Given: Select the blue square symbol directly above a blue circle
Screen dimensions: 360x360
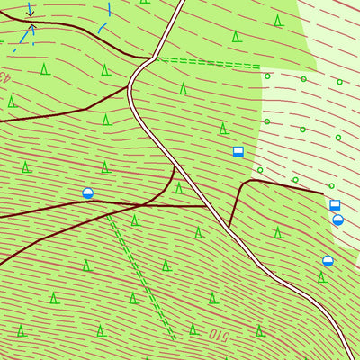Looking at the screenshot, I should point(335,205).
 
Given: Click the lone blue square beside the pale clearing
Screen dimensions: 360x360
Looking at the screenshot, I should point(238,151).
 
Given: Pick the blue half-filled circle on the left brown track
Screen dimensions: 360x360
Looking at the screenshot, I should point(88,193).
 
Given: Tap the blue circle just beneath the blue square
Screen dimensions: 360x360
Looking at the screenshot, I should point(337,220).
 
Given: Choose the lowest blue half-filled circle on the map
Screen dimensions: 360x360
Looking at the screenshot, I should point(328,261).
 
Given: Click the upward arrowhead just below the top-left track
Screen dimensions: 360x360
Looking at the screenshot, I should point(33,28).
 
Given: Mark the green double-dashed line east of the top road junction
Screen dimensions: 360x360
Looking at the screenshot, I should point(207,63).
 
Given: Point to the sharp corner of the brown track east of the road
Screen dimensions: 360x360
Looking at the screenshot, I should point(245,183).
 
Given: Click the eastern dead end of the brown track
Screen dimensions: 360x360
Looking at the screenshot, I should point(323,192).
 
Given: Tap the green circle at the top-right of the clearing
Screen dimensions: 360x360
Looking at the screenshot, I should point(339,82).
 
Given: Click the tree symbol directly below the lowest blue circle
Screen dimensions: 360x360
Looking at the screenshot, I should point(321,277).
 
